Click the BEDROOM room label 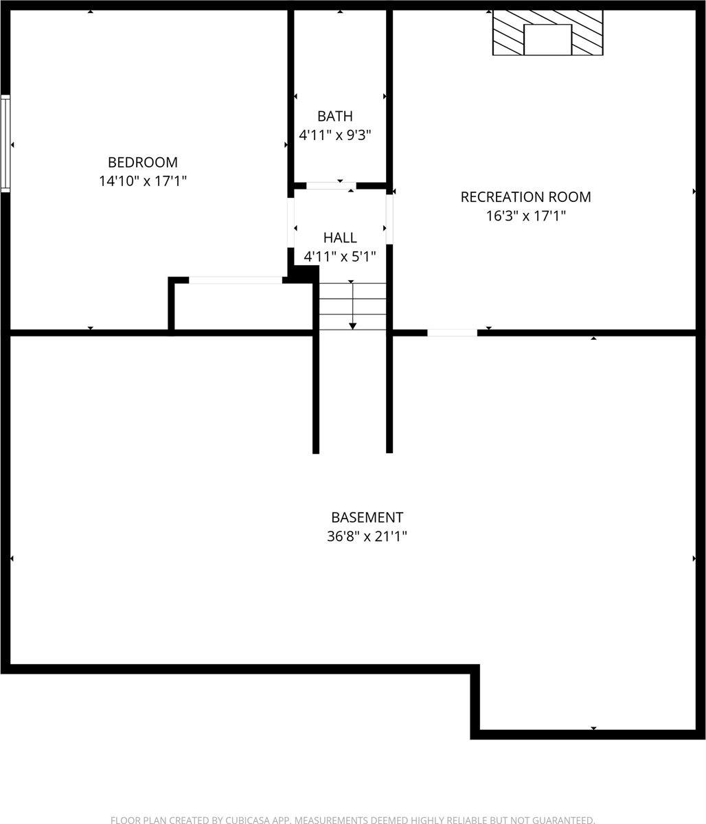(x=142, y=163)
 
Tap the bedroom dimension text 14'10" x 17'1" (x=142, y=181)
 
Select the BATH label (x=335, y=117)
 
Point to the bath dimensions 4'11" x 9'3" (x=335, y=135)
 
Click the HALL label (x=340, y=238)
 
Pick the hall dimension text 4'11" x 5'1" (x=340, y=257)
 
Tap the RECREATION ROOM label (x=525, y=197)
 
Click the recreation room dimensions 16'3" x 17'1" (x=525, y=216)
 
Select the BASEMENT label (x=367, y=518)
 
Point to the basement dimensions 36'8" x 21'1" (x=367, y=536)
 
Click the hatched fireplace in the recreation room (x=547, y=32)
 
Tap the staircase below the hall (x=352, y=306)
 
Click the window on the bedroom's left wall (x=5, y=143)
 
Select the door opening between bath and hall (x=331, y=185)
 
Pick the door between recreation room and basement (x=452, y=333)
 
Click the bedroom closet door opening (x=236, y=279)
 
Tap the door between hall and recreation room (x=389, y=219)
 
